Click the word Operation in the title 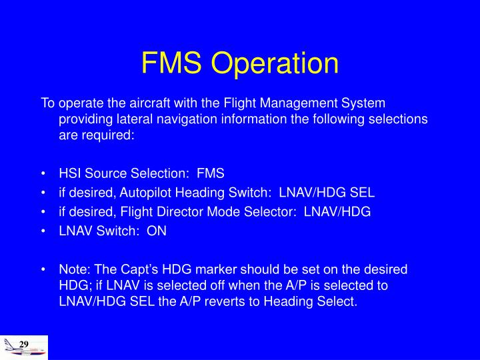(275, 63)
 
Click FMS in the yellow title (173, 63)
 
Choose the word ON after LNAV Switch (157, 231)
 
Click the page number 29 (24, 343)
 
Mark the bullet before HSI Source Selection (43, 174)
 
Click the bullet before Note (43, 271)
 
